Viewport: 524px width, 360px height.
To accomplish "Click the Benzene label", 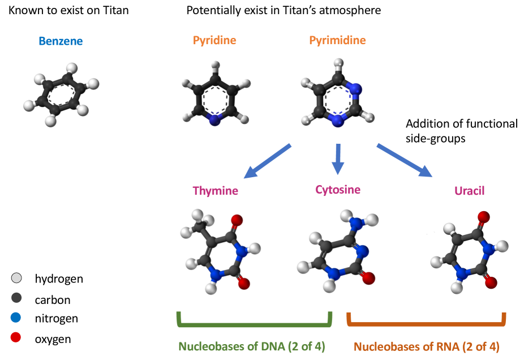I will click(61, 41).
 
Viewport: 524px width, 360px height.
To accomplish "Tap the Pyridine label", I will click(214, 41).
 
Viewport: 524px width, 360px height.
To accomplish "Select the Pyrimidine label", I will click(337, 41).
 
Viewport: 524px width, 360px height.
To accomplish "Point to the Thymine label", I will click(215, 191).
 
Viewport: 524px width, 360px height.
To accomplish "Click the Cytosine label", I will click(338, 190).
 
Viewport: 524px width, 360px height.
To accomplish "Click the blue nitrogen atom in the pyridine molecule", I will click(214, 120).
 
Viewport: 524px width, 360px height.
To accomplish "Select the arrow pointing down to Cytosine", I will click(338, 158).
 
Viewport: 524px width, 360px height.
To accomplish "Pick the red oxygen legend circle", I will click(16, 338).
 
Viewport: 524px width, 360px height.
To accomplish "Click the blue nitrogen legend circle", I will click(16, 319).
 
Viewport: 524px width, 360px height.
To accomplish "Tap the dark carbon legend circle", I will click(16, 298).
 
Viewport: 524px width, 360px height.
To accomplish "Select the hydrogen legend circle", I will click(16, 278).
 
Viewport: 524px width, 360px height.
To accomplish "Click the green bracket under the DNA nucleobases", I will click(254, 325).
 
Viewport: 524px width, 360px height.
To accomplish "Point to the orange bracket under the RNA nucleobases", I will click(426, 325).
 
